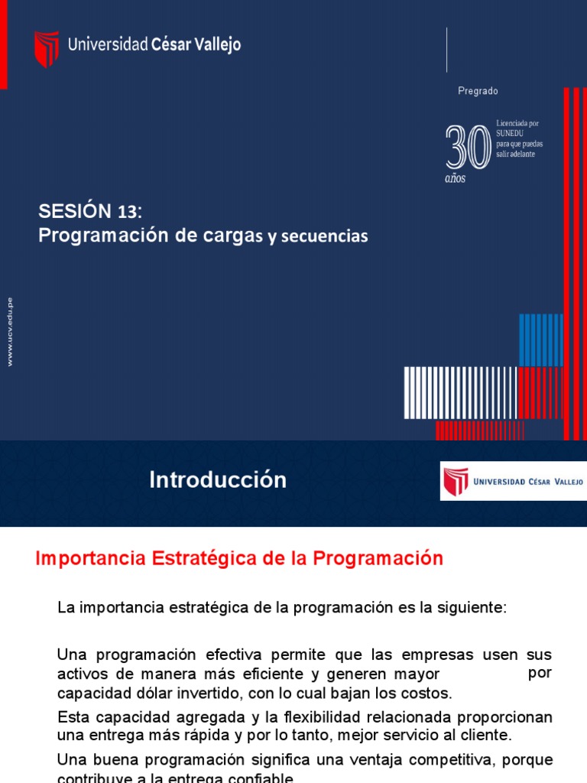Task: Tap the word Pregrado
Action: [x=478, y=91]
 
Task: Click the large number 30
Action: [x=468, y=148]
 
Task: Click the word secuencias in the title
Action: [x=324, y=237]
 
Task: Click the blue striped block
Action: [x=540, y=340]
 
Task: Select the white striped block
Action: [x=460, y=392]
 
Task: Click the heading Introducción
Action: [x=218, y=480]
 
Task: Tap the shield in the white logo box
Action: [x=456, y=482]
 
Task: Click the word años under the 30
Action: [x=455, y=179]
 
